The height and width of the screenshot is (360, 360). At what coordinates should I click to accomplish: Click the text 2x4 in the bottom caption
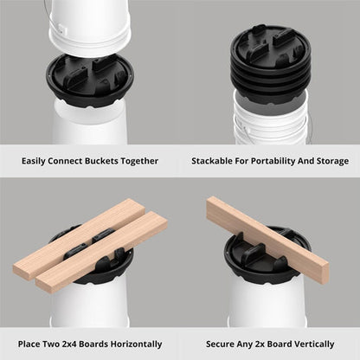(x=69, y=344)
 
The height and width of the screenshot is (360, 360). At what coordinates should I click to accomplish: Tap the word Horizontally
(x=136, y=344)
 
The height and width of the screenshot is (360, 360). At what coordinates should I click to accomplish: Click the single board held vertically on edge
(x=267, y=239)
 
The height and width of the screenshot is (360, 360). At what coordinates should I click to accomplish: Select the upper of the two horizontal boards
(x=79, y=238)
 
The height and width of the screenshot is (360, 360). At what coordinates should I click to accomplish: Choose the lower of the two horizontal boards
(x=101, y=252)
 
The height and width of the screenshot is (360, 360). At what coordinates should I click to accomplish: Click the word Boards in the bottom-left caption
(x=93, y=344)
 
